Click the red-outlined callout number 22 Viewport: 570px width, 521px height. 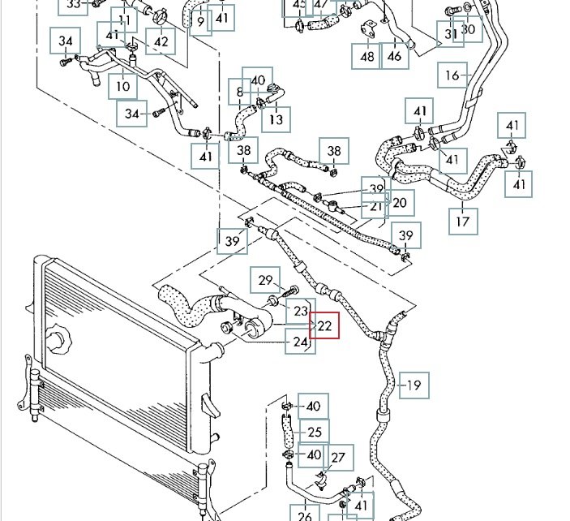coord(325,325)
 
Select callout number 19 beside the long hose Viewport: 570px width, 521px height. coord(414,385)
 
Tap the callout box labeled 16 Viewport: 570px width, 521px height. coord(452,75)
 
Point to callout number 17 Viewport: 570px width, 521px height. coord(463,220)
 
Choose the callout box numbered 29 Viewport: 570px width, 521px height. coord(265,280)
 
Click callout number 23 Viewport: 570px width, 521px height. coord(301,310)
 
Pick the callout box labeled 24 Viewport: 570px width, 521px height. coord(300,342)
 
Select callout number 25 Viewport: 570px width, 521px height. coord(315,432)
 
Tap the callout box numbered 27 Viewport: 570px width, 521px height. coord(339,459)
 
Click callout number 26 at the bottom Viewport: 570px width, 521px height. coord(305,515)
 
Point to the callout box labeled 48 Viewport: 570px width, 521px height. coord(367,56)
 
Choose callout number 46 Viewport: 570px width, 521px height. coord(394,56)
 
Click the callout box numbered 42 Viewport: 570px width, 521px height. coord(161,41)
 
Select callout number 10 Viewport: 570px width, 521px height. coord(122,85)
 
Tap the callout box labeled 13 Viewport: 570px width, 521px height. coord(276,120)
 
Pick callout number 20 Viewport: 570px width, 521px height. coord(399,203)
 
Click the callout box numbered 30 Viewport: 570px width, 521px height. coord(469,29)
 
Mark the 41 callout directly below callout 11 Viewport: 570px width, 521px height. coord(113,36)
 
